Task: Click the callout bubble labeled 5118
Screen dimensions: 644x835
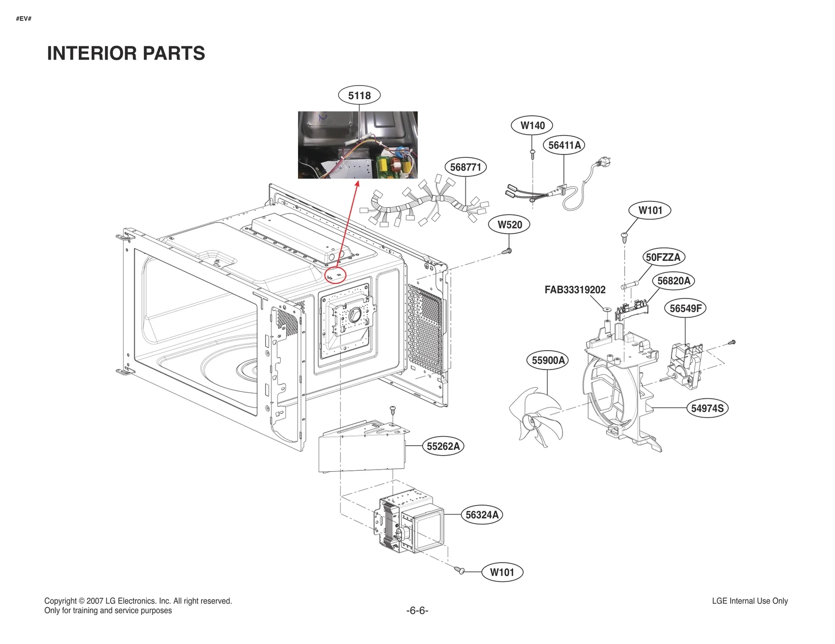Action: point(359,96)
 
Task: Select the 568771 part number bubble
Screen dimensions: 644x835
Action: point(466,167)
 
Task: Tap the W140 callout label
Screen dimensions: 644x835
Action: point(532,125)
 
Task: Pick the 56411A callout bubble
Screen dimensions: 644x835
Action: point(564,145)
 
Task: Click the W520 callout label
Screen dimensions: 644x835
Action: point(509,224)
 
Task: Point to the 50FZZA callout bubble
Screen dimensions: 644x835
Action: point(663,257)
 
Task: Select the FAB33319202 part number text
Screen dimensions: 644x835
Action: point(575,290)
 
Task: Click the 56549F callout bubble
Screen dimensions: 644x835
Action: point(685,308)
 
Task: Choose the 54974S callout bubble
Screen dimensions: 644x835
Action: point(707,408)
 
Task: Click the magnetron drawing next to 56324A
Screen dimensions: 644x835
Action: point(410,524)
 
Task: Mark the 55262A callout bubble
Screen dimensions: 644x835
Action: point(443,446)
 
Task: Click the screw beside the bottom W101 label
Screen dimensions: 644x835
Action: point(460,570)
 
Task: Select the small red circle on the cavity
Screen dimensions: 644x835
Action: point(336,275)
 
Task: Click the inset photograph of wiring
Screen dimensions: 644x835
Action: point(357,145)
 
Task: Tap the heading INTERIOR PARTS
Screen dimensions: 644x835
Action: point(126,53)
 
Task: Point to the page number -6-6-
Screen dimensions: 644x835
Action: point(417,610)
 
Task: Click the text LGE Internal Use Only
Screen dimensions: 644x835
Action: point(749,601)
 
